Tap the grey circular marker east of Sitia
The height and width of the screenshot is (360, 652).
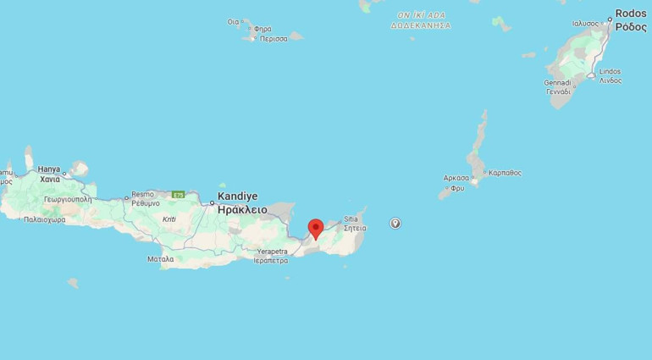click(x=395, y=223)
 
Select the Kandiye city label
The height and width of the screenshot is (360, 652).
click(x=236, y=196)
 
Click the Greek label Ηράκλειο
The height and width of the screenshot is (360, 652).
click(x=242, y=209)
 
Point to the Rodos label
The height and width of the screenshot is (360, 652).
click(x=631, y=14)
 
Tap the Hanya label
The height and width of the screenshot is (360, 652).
click(x=49, y=169)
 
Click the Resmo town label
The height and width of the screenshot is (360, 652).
click(x=143, y=194)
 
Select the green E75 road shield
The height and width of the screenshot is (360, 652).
click(x=178, y=195)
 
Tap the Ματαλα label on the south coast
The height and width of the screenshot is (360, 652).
click(x=160, y=258)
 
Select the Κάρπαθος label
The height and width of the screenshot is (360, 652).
click(x=505, y=173)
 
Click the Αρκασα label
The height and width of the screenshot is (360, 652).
click(x=456, y=178)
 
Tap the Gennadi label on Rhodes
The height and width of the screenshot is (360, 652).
click(x=558, y=82)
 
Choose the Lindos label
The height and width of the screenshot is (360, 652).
click(x=610, y=71)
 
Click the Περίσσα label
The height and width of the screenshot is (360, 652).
click(x=275, y=39)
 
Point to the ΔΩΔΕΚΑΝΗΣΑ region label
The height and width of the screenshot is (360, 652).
click(x=421, y=25)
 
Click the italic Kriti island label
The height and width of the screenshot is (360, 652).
click(x=169, y=219)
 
